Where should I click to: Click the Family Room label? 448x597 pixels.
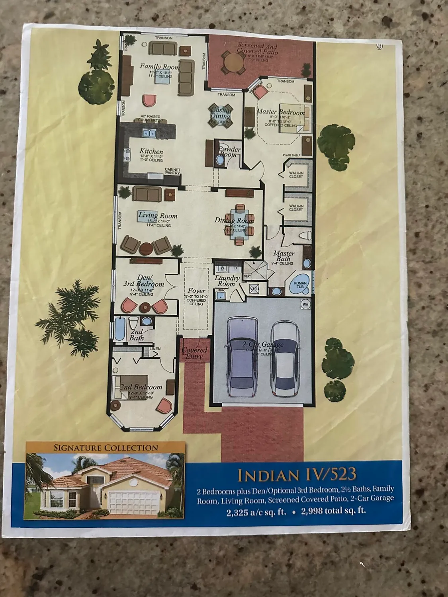pyautogui.click(x=159, y=66)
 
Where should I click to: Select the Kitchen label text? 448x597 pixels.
pyautogui.click(x=151, y=151)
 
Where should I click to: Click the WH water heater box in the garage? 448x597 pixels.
pyautogui.click(x=306, y=304)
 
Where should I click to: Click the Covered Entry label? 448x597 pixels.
pyautogui.click(x=194, y=353)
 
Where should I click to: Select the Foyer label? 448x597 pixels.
pyautogui.click(x=196, y=291)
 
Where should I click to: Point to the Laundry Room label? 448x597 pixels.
pyautogui.click(x=227, y=281)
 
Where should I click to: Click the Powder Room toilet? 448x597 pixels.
pyautogui.click(x=220, y=160)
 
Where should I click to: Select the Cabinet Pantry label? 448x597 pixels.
pyautogui.click(x=172, y=172)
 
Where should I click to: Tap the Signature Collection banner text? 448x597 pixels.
pyautogui.click(x=106, y=448)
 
